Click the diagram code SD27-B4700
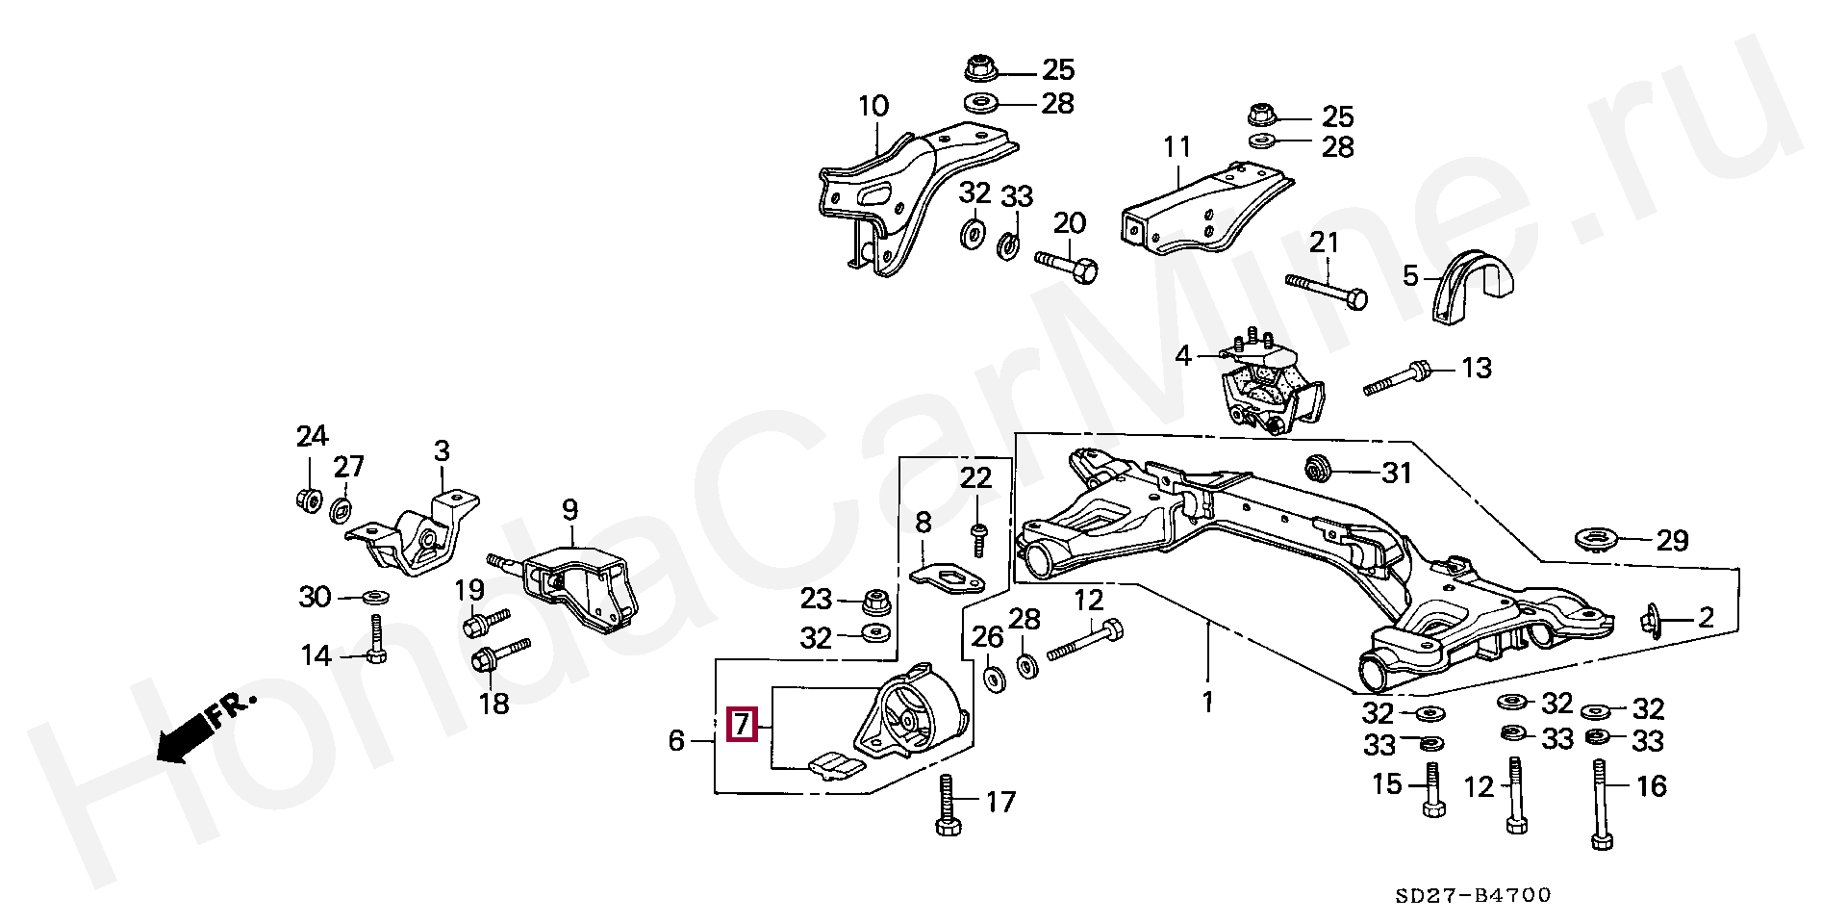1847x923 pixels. coord(1474,896)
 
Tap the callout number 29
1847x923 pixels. coord(1671,540)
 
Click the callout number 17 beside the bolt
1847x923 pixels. coord(1000,801)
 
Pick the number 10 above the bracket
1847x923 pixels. coord(874,106)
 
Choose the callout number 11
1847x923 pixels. coord(1177,147)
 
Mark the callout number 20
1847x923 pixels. coord(1069,223)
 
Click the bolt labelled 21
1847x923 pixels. coord(1327,290)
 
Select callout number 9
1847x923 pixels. coord(569,509)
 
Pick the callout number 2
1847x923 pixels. coord(1706,616)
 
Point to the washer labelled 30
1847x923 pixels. coord(376,597)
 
